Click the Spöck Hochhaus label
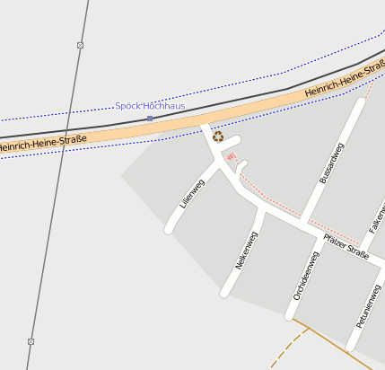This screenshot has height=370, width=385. pyautogui.click(x=150, y=106)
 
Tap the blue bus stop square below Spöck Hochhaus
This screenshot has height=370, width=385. pyautogui.click(x=150, y=119)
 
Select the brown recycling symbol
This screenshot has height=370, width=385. pyautogui.click(x=218, y=137)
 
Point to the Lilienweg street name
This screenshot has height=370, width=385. pyautogui.click(x=192, y=194)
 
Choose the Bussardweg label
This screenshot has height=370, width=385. pyautogui.click(x=332, y=163)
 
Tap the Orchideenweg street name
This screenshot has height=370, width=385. pyautogui.click(x=306, y=275)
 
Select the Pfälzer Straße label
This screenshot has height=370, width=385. pyautogui.click(x=346, y=247)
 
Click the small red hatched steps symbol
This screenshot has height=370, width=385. pyautogui.click(x=231, y=157)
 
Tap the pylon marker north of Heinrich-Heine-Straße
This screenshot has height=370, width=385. pyautogui.click(x=81, y=45)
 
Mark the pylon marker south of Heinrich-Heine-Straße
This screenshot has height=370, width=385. pyautogui.click(x=31, y=341)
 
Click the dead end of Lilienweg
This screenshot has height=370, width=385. pyautogui.click(x=169, y=230)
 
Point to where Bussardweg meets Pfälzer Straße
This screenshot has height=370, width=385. pyautogui.click(x=303, y=220)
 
